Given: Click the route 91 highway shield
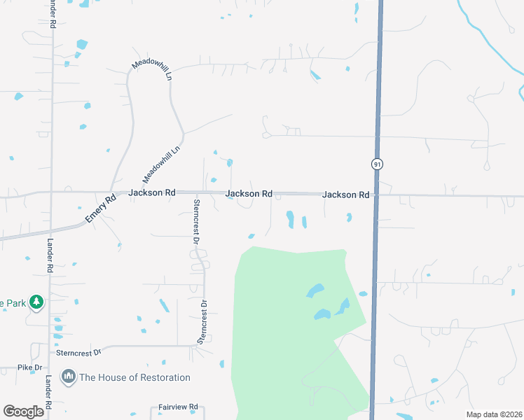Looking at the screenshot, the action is [377, 164].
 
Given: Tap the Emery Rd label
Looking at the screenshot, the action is [99, 209].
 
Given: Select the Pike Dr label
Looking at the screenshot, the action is [30, 367].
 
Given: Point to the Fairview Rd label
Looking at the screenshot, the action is [179, 406].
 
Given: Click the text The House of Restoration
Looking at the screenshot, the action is [135, 377].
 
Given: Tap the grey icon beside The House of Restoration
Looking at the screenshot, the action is [69, 377].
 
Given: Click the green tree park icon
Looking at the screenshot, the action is [36, 303].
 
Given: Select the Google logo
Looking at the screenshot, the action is [24, 412].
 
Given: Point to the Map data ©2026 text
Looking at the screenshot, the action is [493, 414].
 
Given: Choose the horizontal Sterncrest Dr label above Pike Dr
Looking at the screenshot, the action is [79, 352].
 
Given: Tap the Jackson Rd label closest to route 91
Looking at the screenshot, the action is [345, 195].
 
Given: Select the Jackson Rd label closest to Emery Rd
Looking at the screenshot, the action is [151, 192].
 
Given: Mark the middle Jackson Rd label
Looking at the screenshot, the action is [249, 193].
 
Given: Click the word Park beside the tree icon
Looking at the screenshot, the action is [13, 303].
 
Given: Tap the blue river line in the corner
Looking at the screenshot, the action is [490, 35].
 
